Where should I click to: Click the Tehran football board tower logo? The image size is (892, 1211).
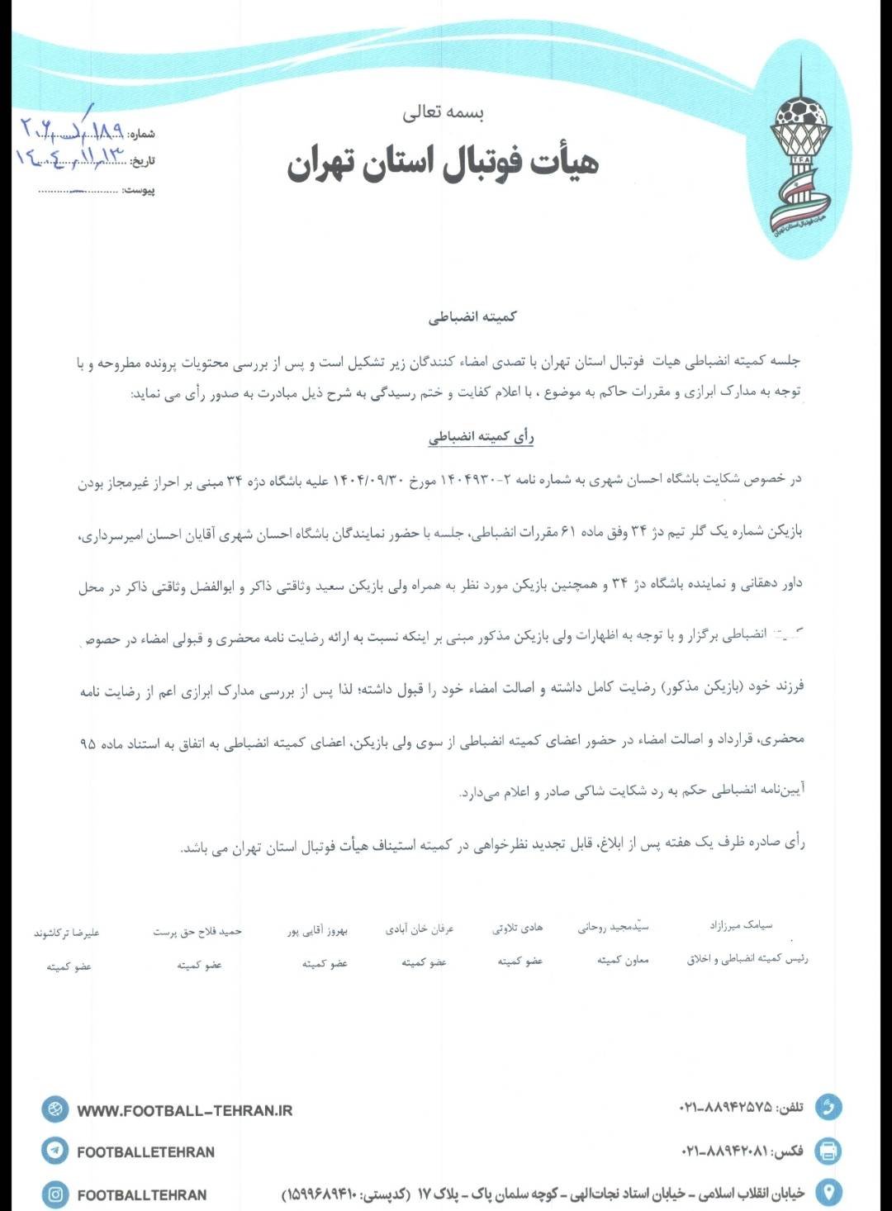(x=799, y=154)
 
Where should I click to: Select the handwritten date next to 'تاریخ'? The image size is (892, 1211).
(x=69, y=156)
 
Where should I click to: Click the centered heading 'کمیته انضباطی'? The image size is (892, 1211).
(x=473, y=316)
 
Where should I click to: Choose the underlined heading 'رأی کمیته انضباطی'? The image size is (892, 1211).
(x=482, y=437)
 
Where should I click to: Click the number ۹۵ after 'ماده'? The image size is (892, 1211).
(x=88, y=744)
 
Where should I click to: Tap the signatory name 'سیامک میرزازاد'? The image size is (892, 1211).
(x=742, y=925)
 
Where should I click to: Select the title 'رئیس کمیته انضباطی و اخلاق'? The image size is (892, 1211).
(x=747, y=959)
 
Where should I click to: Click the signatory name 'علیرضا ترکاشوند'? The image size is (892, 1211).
(x=67, y=933)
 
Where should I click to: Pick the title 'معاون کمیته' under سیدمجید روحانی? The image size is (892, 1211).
(x=624, y=960)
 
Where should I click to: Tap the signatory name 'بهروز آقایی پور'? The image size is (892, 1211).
(x=318, y=931)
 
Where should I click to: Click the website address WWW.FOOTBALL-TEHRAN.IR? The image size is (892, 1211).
(x=185, y=1111)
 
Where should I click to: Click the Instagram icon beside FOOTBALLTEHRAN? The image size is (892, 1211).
(x=55, y=1194)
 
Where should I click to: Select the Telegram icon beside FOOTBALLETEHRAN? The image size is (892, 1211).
(x=55, y=1150)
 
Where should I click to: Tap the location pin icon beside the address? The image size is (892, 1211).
(x=828, y=1191)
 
